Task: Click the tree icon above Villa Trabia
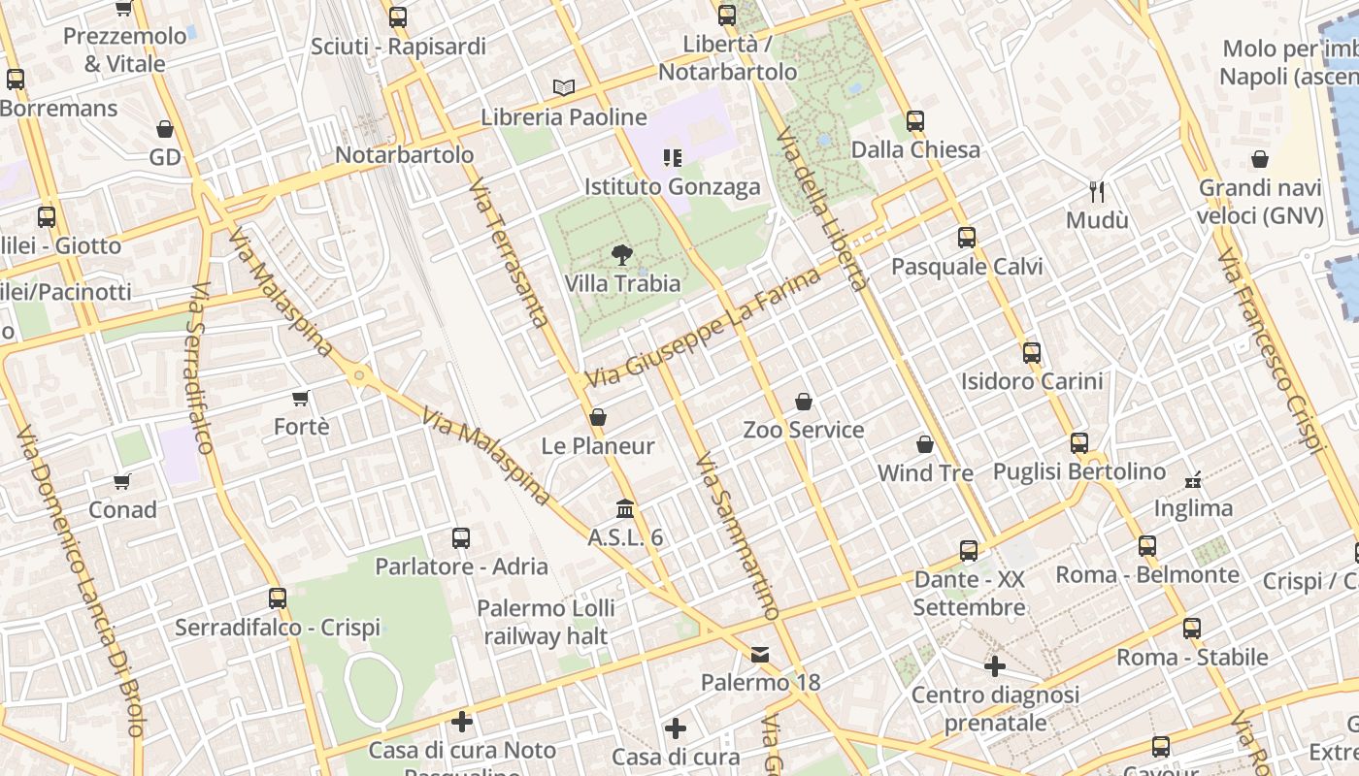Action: tap(621, 255)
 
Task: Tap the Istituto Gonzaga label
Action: tap(672, 186)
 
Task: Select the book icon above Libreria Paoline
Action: tap(564, 87)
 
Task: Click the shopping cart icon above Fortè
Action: tap(301, 398)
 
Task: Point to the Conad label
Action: tap(122, 509)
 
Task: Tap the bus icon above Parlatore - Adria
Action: tap(461, 537)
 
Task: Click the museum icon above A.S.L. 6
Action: tap(626, 508)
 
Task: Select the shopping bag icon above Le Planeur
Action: tap(598, 417)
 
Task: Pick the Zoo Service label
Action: tap(803, 430)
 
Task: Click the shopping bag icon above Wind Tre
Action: tap(925, 444)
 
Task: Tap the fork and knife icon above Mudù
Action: tap(1097, 191)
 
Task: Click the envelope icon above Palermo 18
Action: tap(760, 655)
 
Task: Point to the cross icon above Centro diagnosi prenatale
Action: tap(995, 666)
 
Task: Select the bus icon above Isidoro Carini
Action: tap(1032, 353)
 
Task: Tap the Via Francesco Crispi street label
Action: tap(1271, 350)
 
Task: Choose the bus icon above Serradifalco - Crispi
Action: tap(278, 598)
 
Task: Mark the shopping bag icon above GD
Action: tap(165, 129)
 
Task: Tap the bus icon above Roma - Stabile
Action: tap(1192, 629)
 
